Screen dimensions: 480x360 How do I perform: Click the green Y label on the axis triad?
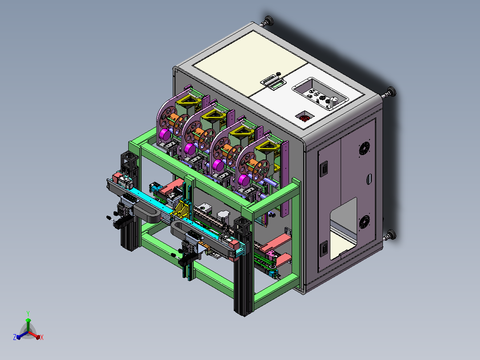pos(28,313)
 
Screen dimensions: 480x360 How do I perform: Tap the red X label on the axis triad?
pos(42,337)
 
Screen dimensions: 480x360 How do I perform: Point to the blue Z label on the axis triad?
pos(15,337)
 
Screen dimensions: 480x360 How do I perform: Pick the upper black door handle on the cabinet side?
pos(324,168)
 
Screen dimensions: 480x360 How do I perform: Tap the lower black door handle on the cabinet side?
pos(324,249)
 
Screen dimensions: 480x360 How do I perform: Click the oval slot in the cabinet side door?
pos(369,179)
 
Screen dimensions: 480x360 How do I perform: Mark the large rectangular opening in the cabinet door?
pos(343,228)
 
